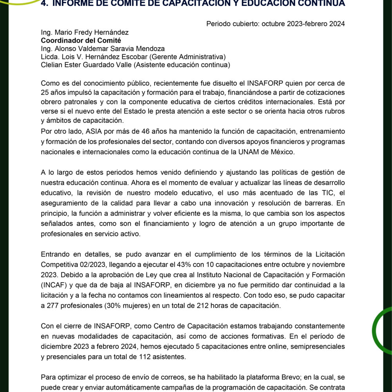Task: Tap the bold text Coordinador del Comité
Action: [x=81, y=40]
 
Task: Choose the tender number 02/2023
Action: [x=91, y=265]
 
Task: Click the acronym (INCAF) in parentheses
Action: [x=53, y=285]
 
